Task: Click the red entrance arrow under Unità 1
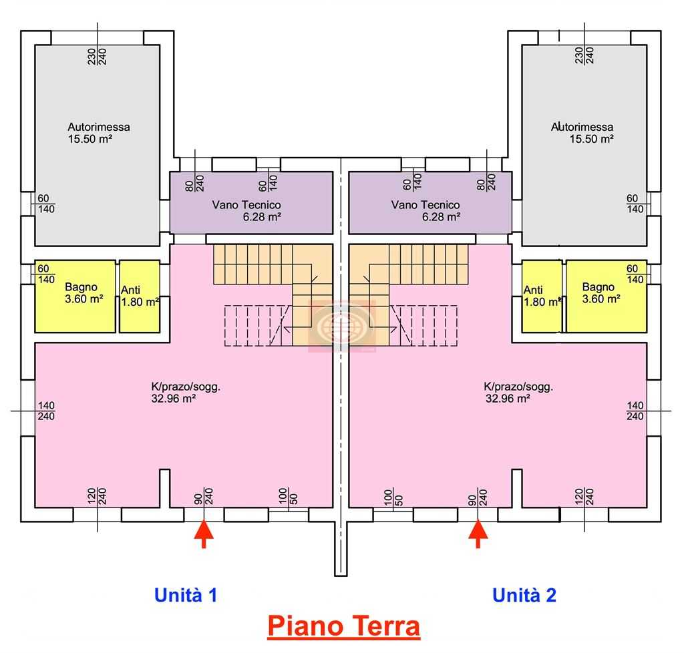(x=204, y=533)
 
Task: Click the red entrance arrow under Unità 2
(x=478, y=533)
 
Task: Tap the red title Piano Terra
(x=344, y=626)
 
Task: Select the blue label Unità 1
(x=186, y=595)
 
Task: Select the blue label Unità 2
(x=524, y=595)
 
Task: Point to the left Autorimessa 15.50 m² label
(x=99, y=133)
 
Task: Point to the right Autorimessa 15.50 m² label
(x=582, y=133)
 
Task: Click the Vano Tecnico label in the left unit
(x=246, y=210)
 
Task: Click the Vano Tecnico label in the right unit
(x=425, y=210)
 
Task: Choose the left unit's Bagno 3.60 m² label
(x=83, y=293)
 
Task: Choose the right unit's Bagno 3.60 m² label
(x=601, y=293)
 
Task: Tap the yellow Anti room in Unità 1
(x=140, y=296)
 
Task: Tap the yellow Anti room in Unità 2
(x=542, y=296)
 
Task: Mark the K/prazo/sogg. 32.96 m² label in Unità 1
(x=186, y=393)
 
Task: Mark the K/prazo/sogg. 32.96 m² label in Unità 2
(x=518, y=393)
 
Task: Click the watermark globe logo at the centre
(x=342, y=326)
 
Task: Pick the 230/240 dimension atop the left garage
(x=97, y=56)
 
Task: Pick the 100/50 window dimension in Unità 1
(x=288, y=497)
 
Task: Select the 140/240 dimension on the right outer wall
(x=635, y=411)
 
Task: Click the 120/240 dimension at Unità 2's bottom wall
(x=584, y=497)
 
